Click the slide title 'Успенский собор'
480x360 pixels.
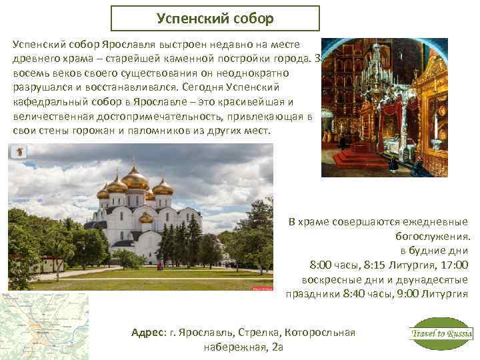click(215, 18)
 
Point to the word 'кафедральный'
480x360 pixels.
click(48, 102)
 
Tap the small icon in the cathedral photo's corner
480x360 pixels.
click(19, 153)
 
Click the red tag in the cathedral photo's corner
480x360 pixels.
click(264, 288)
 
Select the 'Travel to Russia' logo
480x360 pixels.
click(441, 333)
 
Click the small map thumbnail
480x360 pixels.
click(43, 326)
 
